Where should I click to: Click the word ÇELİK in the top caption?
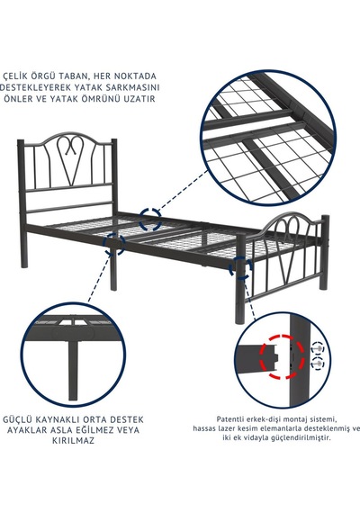(x=14, y=76)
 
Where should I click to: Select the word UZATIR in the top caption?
(x=139, y=99)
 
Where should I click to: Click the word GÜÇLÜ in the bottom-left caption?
(x=17, y=419)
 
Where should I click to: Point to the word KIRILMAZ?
(x=73, y=440)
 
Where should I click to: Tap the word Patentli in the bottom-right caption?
(x=228, y=419)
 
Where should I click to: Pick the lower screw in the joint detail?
(x=317, y=363)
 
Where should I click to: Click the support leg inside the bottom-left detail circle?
(x=74, y=370)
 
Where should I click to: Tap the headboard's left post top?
(x=21, y=142)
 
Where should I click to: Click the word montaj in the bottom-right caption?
(x=295, y=419)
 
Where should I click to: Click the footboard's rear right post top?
(x=325, y=217)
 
